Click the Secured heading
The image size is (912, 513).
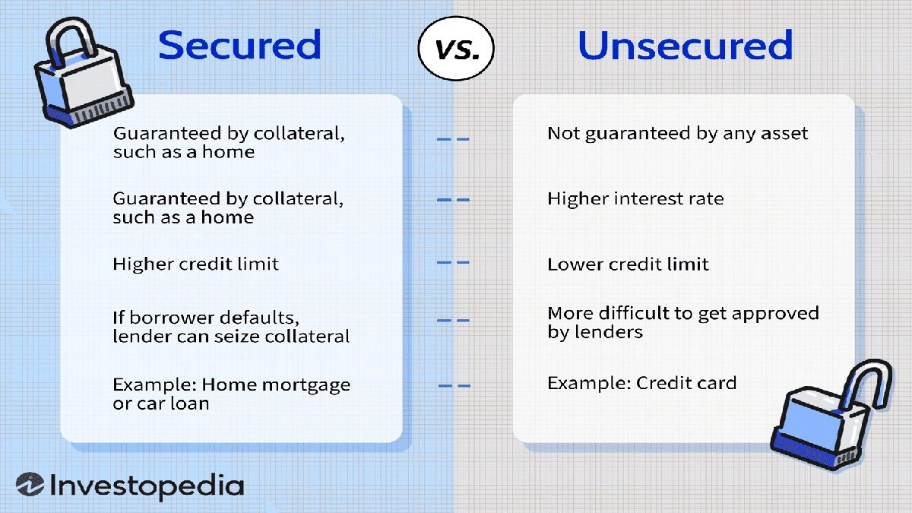pyautogui.click(x=239, y=46)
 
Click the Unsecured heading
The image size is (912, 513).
pyautogui.click(x=685, y=46)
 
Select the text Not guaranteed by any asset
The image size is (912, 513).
pyautogui.click(x=677, y=134)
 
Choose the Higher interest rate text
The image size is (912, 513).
pyautogui.click(x=635, y=199)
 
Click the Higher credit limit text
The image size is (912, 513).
pyautogui.click(x=195, y=264)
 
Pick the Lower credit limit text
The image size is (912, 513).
pyautogui.click(x=628, y=264)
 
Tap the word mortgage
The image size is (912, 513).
pyautogui.click(x=306, y=385)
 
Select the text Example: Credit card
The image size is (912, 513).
pyautogui.click(x=641, y=383)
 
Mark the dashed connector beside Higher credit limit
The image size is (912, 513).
pyautogui.click(x=453, y=263)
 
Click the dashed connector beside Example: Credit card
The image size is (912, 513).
pyautogui.click(x=454, y=386)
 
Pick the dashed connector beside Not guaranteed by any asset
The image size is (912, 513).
pyautogui.click(x=453, y=140)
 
